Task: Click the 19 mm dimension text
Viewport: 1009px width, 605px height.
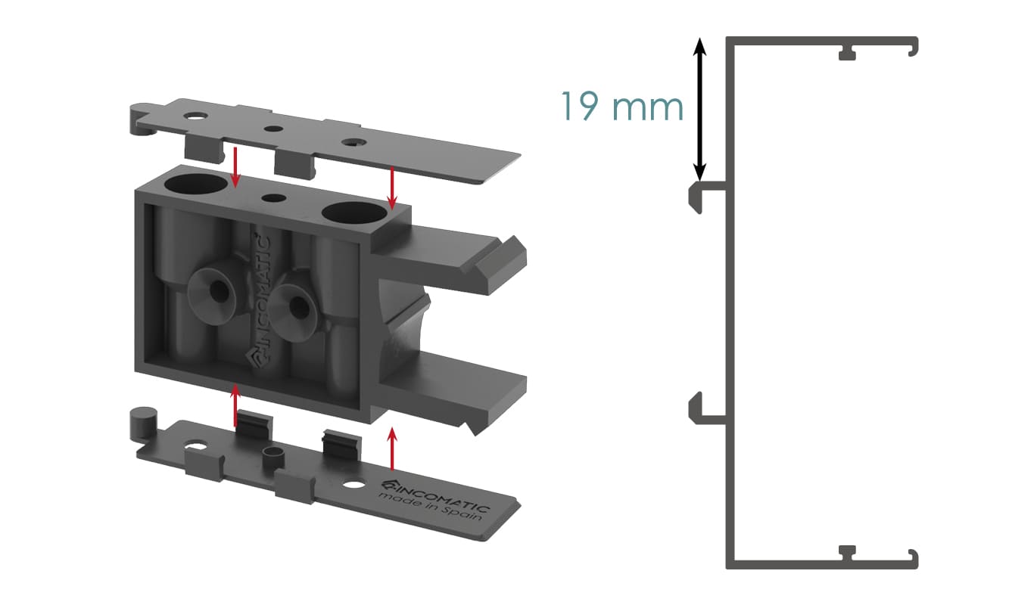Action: coord(622,106)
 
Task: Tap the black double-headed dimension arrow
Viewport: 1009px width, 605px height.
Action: coord(699,109)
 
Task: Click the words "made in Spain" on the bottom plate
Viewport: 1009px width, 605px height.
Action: coord(431,507)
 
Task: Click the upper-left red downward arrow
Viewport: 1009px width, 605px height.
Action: coord(235,167)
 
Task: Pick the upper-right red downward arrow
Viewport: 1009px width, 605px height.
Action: coord(392,188)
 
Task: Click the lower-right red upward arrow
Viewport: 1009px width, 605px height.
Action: coord(392,448)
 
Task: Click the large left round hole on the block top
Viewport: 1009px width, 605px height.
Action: coord(195,183)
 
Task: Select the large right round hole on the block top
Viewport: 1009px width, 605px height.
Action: coord(354,213)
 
